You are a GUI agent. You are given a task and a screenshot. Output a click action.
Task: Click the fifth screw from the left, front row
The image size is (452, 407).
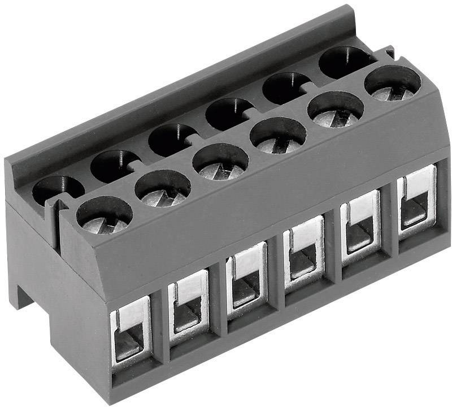tap(336, 110)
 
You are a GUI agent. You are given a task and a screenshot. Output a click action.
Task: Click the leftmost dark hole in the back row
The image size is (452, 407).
tap(58, 189)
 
